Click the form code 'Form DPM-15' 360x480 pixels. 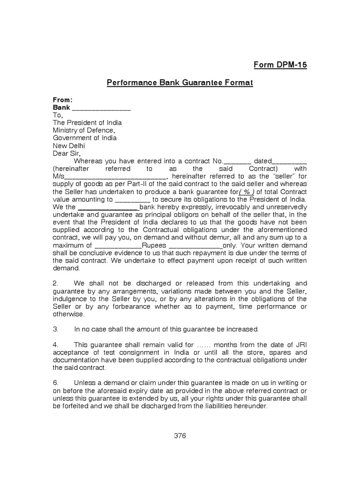pos(280,65)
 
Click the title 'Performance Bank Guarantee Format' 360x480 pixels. pos(180,82)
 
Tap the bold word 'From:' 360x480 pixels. pos(62,100)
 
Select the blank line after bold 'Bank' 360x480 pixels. pos(101,108)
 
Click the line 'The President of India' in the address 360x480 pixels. pos(87,123)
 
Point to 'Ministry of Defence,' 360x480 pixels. pos(83,130)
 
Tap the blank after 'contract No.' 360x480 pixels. pos(238,161)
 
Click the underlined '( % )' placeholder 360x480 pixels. pos(246,191)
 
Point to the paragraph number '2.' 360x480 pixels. pos(55,284)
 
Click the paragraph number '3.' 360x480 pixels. pos(55,330)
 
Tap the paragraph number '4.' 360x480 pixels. pos(55,345)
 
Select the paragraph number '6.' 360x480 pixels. pos(55,383)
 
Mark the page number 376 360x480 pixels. pos(180,436)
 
